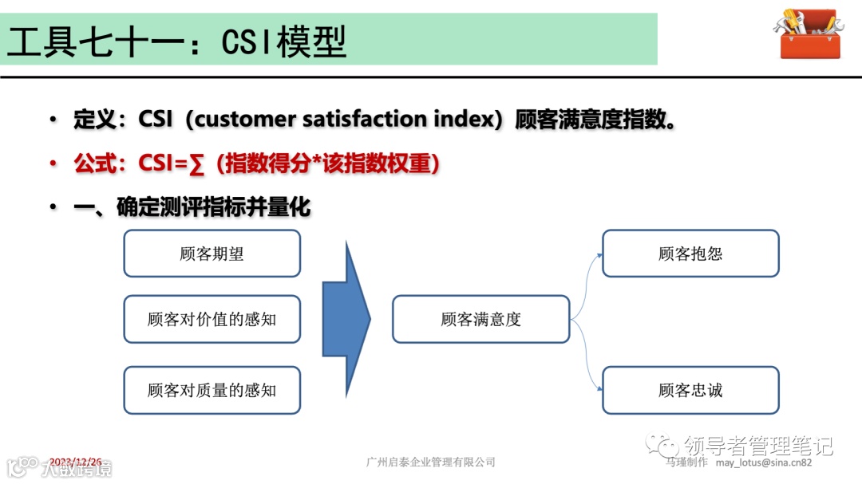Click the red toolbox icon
(x=809, y=33)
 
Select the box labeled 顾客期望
(x=212, y=254)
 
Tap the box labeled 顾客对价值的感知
(x=212, y=319)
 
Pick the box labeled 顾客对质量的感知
(x=212, y=390)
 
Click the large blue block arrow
(x=346, y=318)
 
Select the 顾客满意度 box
(x=480, y=319)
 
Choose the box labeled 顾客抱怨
(x=690, y=254)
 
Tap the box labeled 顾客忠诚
(x=690, y=390)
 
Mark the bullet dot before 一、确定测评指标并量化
(x=53, y=207)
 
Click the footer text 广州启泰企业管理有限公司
(x=430, y=462)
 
